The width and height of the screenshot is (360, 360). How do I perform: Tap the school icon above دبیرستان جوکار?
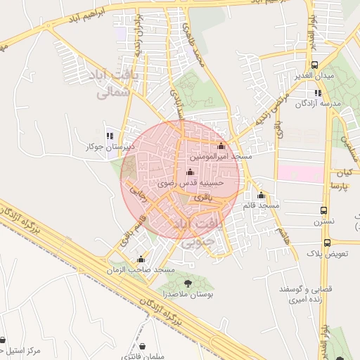(x=109, y=136)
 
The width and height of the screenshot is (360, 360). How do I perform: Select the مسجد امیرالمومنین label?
(x=221, y=156)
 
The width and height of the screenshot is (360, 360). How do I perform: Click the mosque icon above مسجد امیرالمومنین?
(x=221, y=146)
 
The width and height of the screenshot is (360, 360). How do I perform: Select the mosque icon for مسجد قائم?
(x=261, y=195)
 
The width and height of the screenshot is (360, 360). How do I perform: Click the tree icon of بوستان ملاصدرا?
(x=187, y=282)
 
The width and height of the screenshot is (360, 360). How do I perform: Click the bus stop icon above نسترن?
(x=324, y=210)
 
